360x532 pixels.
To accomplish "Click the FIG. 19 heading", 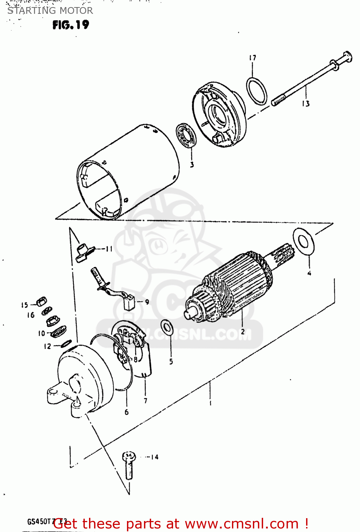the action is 71,25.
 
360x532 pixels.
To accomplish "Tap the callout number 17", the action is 253,58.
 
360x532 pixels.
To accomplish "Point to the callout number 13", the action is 306,104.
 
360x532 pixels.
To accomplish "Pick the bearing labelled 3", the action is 187,135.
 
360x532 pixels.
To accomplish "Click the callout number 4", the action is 309,273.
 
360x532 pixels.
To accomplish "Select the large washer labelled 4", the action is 304,241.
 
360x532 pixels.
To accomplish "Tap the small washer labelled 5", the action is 167,327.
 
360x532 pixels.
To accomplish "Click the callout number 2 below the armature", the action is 243,332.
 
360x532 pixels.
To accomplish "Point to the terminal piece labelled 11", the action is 83,251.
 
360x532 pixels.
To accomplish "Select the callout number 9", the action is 147,302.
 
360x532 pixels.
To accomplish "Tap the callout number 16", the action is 31,315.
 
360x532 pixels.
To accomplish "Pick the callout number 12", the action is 48,346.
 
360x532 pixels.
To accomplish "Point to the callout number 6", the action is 127,412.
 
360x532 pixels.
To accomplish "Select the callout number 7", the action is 145,401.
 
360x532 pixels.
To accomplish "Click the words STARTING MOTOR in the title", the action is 50,11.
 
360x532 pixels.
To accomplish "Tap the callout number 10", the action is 41,333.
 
